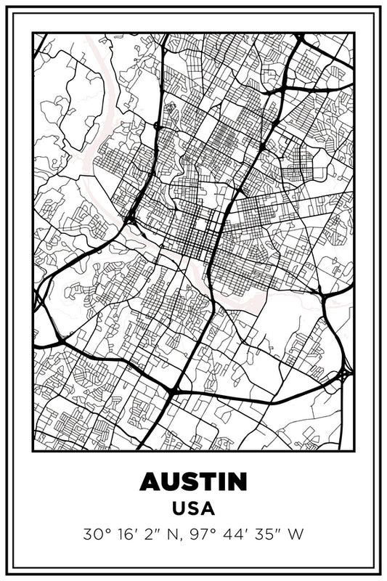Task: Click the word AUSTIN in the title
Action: (x=193, y=482)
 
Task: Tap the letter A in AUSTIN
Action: (x=150, y=482)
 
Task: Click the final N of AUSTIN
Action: (x=236, y=482)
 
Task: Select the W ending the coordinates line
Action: (x=296, y=535)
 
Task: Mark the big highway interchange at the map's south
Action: (x=174, y=391)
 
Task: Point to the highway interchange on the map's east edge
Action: (x=343, y=373)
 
